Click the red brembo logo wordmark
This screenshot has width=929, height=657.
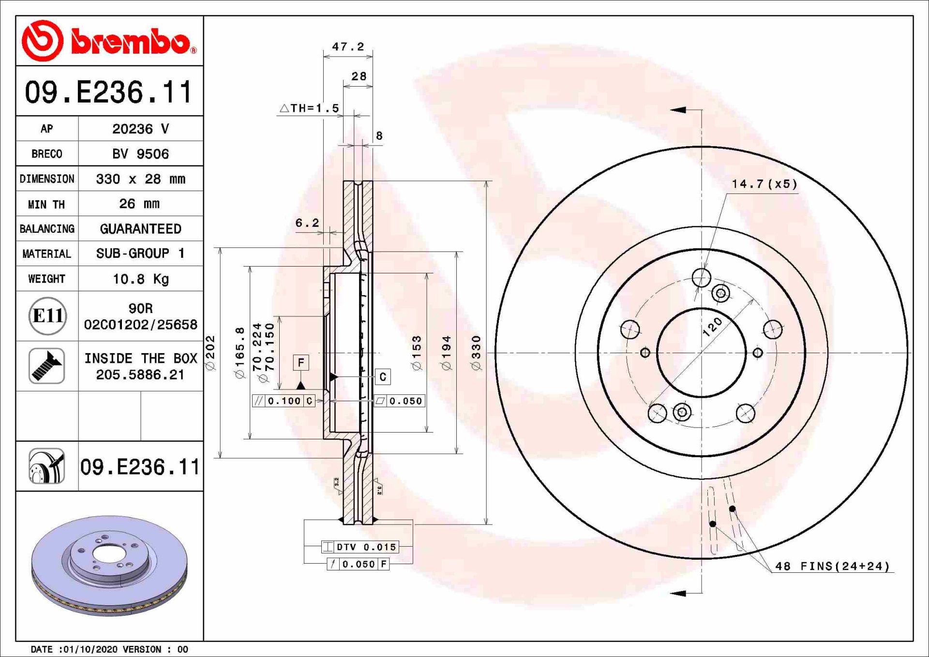pyautogui.click(x=131, y=42)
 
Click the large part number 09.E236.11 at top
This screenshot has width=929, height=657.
pyautogui.click(x=109, y=92)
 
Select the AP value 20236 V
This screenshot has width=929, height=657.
pyautogui.click(x=140, y=129)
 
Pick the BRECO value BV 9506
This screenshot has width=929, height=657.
pyautogui.click(x=140, y=154)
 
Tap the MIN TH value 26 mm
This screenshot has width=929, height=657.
pyautogui.click(x=139, y=204)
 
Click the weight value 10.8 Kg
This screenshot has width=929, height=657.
pyautogui.click(x=140, y=279)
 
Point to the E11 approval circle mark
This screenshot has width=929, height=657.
pyautogui.click(x=47, y=316)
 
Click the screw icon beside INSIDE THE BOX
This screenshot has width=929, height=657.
pyautogui.click(x=46, y=366)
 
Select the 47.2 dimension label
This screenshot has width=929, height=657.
pyautogui.click(x=348, y=46)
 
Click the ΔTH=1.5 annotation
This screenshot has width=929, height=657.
pyautogui.click(x=310, y=108)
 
